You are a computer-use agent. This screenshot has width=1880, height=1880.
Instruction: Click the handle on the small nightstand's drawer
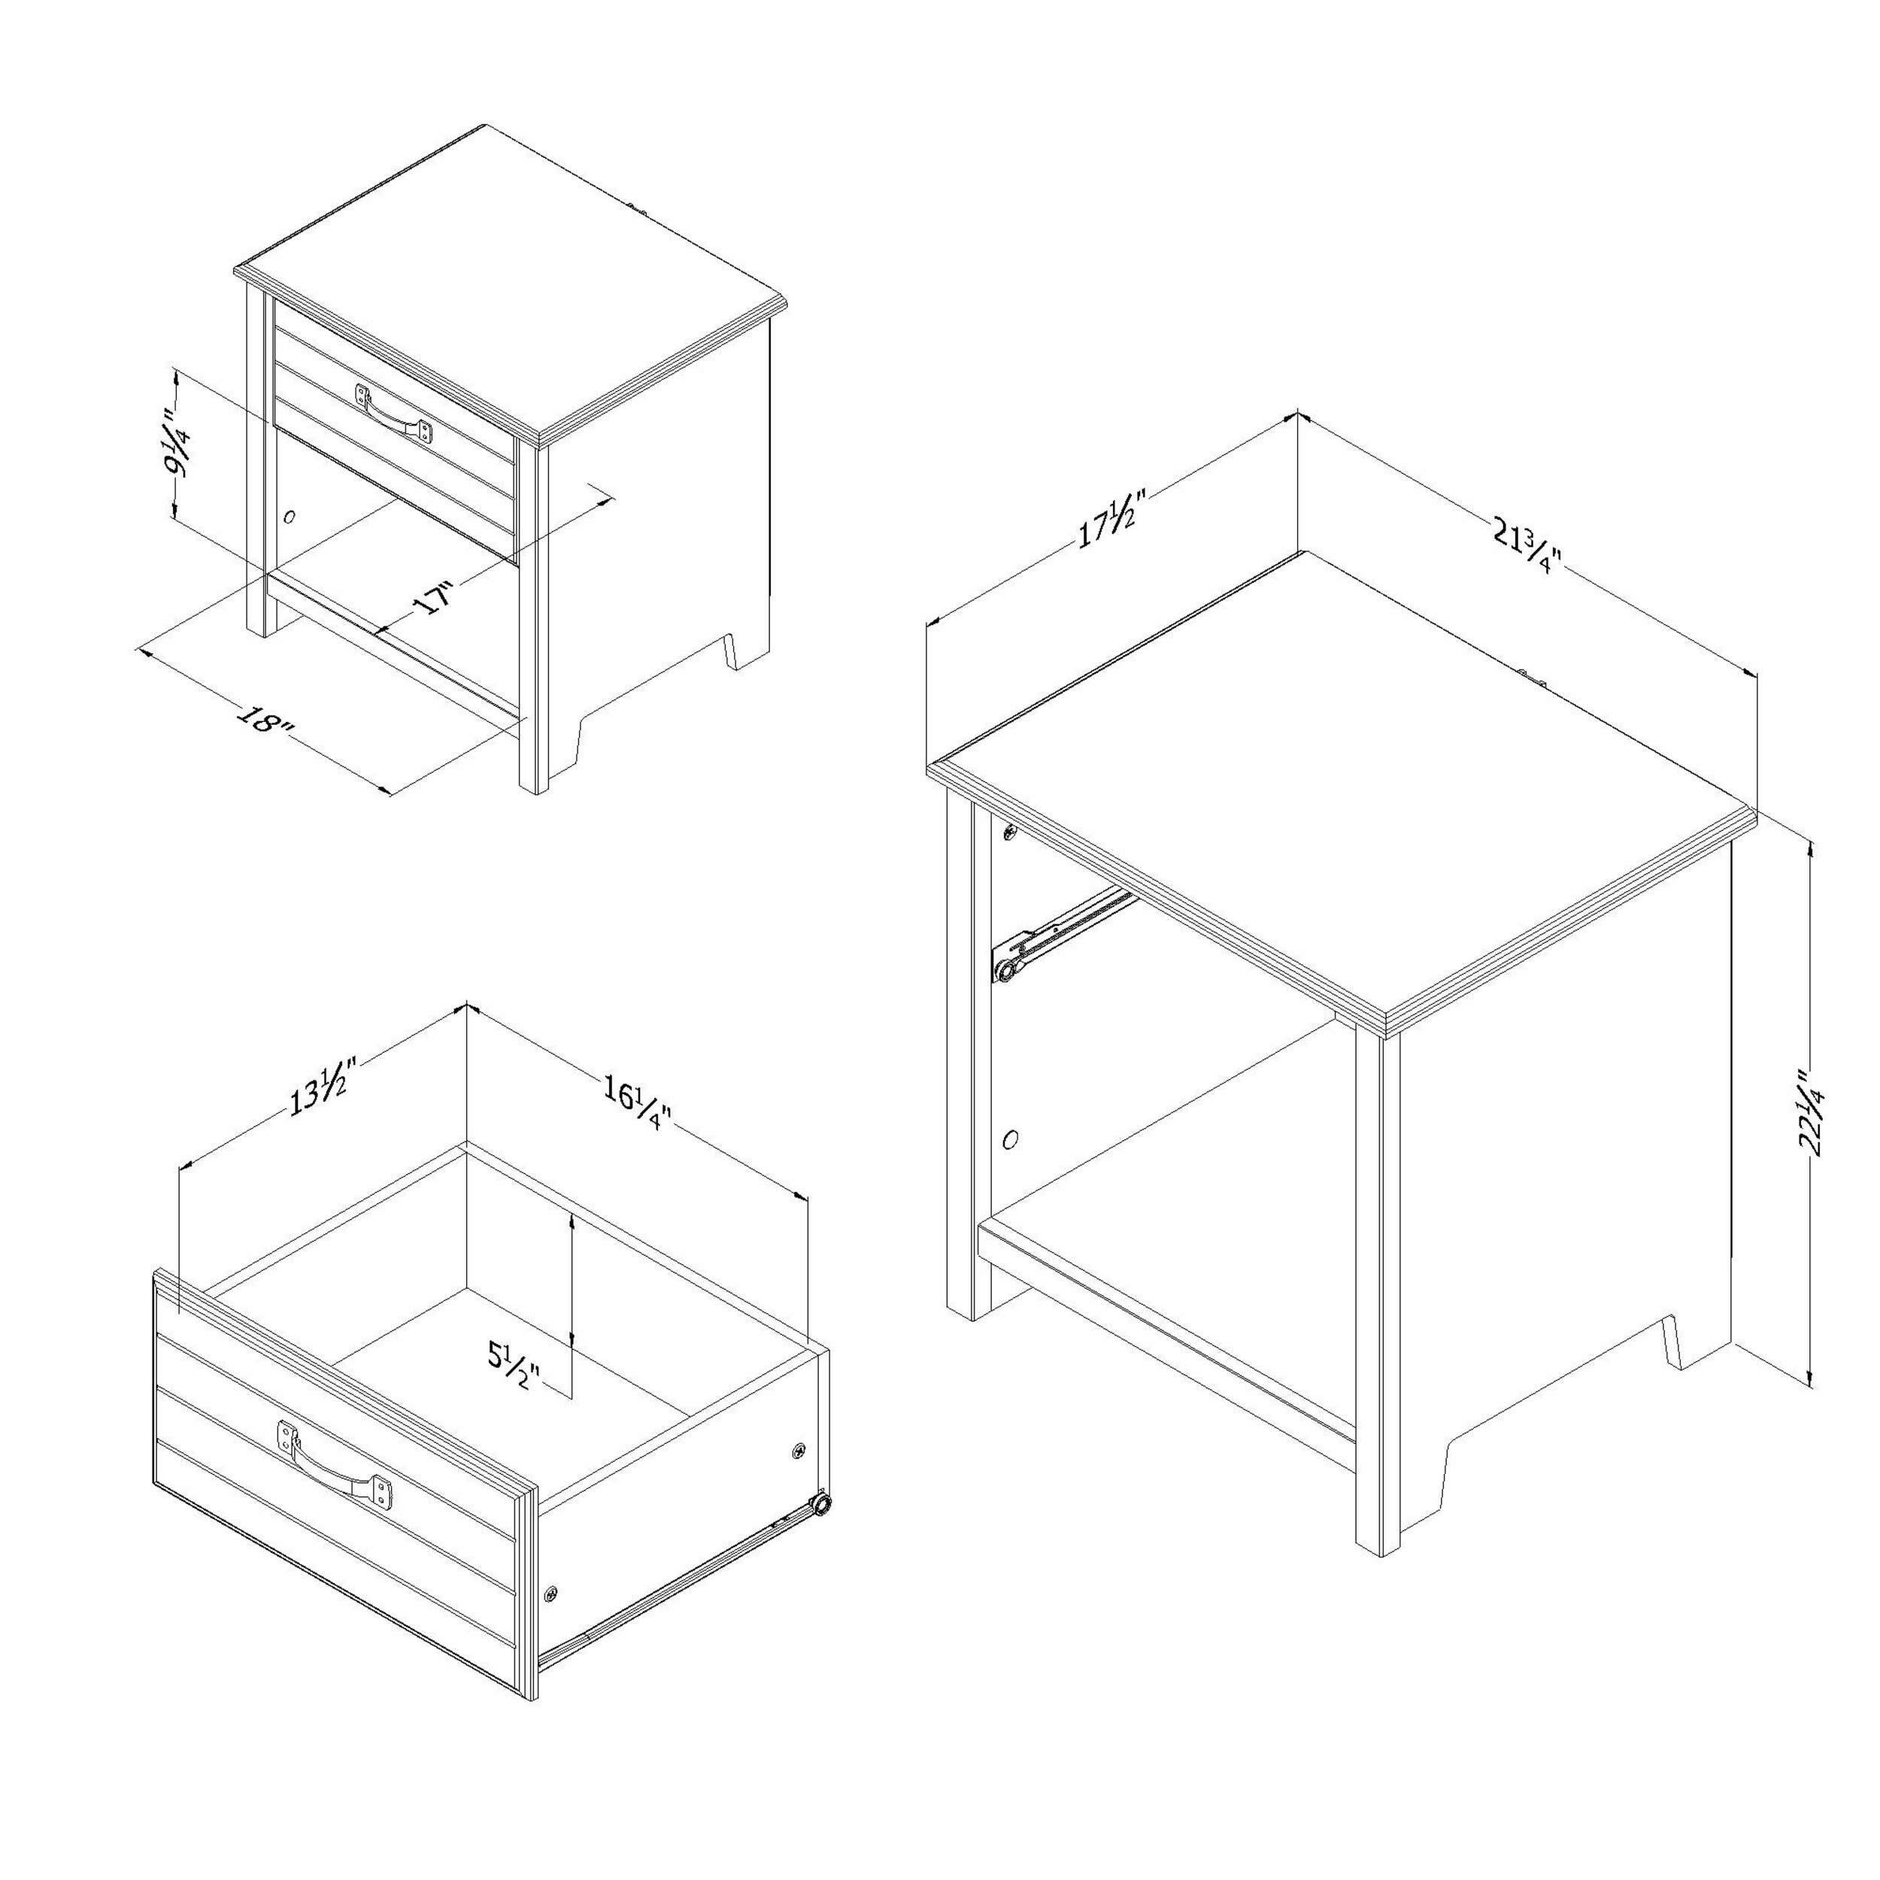pyautogui.click(x=394, y=413)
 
